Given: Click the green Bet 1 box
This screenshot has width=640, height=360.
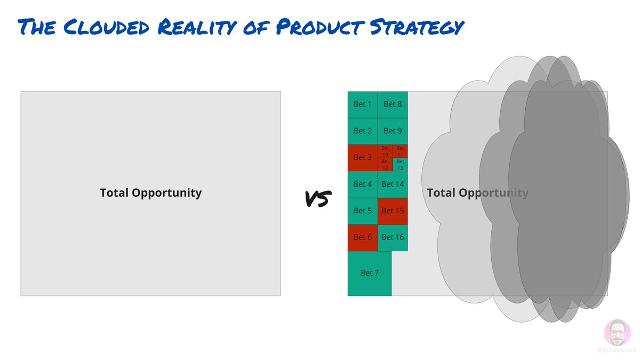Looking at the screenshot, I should [x=363, y=105].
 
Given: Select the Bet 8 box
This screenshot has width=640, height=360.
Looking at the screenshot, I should [x=393, y=105].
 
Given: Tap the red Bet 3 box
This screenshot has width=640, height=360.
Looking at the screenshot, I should [x=363, y=158].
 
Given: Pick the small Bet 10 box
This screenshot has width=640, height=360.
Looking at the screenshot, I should [x=385, y=151].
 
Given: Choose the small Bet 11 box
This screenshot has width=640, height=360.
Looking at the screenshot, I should [x=400, y=151].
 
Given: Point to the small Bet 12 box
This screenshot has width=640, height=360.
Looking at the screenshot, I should [x=385, y=164].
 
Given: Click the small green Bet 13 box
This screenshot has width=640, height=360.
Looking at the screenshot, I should [x=400, y=164].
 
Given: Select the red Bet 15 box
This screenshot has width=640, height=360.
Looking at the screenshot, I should [x=393, y=211].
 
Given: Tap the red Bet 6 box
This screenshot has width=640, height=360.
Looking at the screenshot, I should [x=363, y=238].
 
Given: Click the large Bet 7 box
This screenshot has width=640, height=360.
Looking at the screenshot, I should [x=370, y=273].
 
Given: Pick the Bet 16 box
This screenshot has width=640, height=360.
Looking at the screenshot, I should [x=393, y=238].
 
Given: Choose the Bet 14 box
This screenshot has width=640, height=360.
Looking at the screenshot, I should [x=393, y=185].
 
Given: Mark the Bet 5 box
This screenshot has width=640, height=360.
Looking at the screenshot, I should [x=363, y=211].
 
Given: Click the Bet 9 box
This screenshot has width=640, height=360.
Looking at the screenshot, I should [x=393, y=131].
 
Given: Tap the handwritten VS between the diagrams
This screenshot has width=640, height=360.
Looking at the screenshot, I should [x=318, y=198].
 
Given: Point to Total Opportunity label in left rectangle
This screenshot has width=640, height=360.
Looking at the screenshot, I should [x=150, y=193].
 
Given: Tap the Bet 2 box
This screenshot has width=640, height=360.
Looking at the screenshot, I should [x=363, y=131].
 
